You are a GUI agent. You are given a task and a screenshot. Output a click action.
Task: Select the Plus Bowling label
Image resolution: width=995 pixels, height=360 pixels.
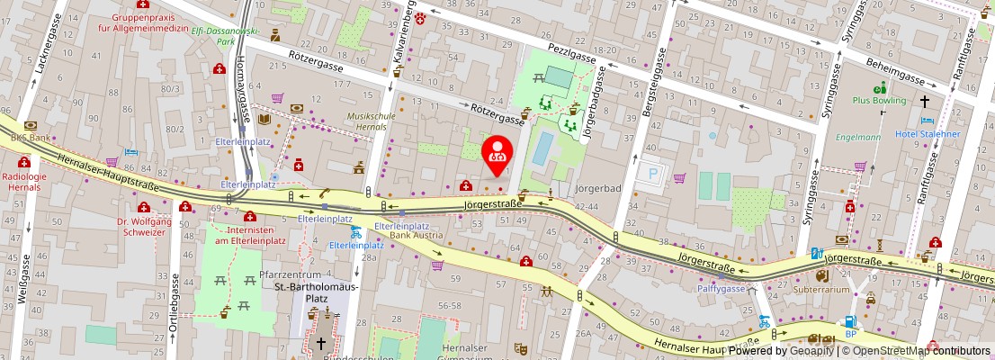(879, 102)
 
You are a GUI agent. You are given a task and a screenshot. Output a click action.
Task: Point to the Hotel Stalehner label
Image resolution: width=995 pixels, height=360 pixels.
(928, 134)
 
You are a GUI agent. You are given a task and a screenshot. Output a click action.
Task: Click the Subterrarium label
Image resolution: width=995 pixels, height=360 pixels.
(820, 290)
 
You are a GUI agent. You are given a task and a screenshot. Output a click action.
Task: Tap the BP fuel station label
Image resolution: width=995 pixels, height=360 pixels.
(850, 334)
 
